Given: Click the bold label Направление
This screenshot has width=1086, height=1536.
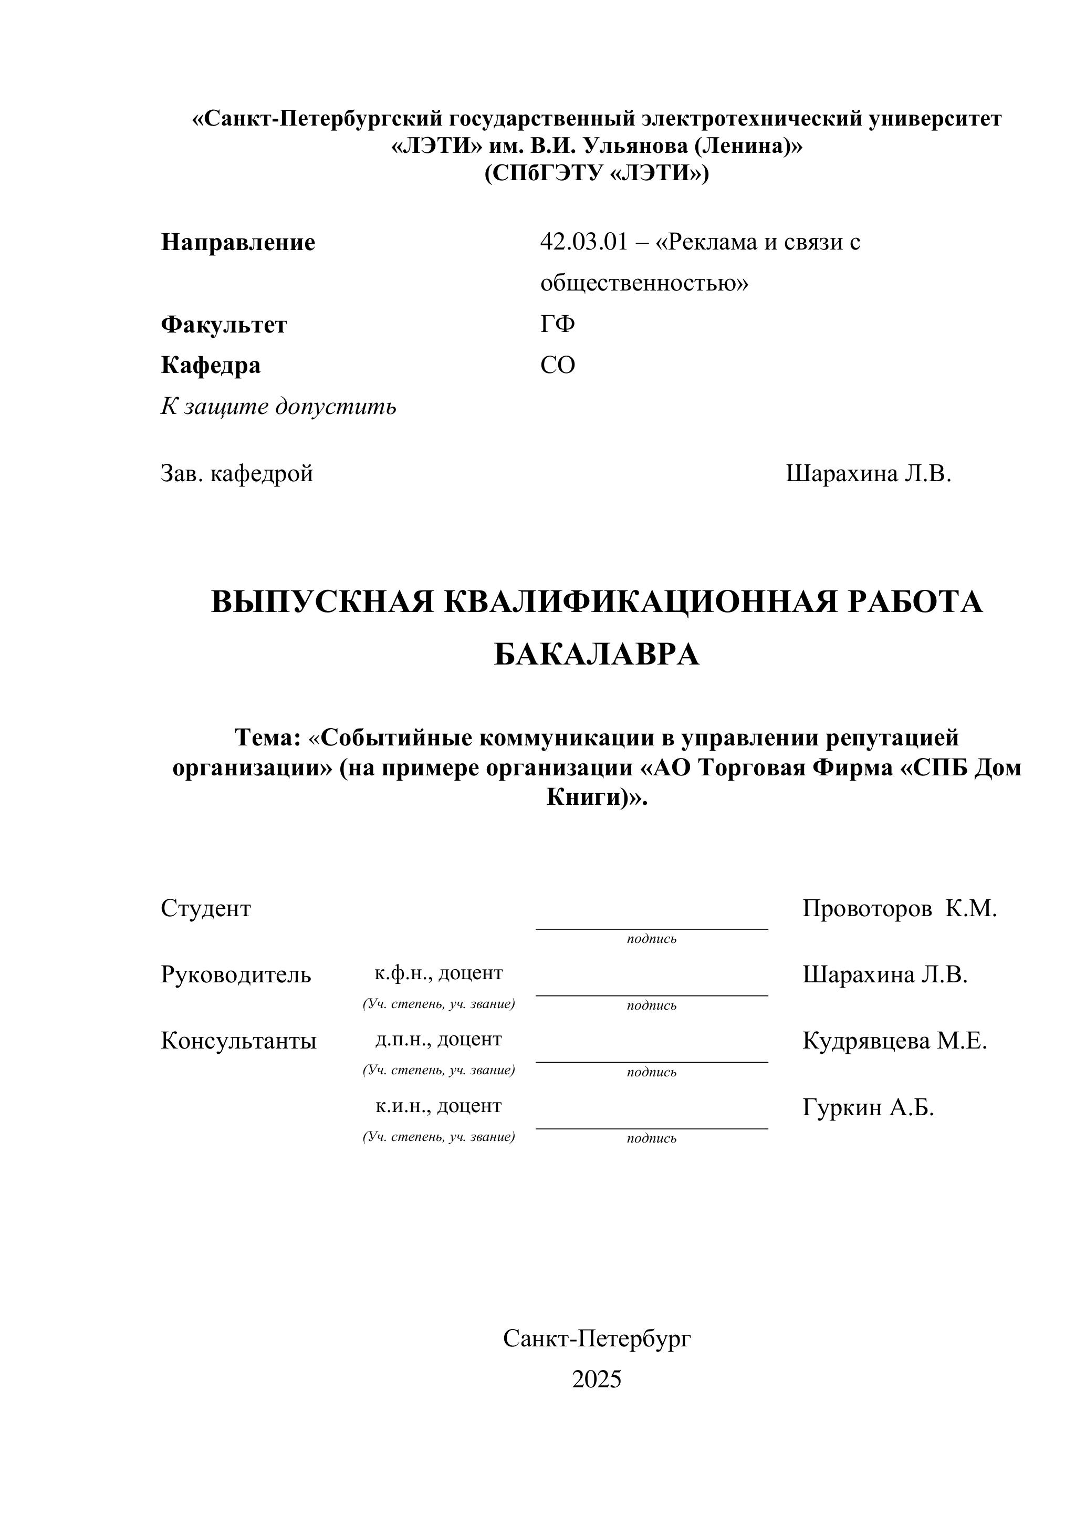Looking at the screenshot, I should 237,242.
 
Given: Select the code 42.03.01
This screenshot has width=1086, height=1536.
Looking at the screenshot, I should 584,242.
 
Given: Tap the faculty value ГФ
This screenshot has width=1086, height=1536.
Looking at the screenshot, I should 557,325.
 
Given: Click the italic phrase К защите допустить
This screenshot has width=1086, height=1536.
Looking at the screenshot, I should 278,406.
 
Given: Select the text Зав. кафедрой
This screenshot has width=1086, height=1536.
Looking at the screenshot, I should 237,474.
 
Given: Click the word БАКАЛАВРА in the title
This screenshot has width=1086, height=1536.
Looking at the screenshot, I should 597,655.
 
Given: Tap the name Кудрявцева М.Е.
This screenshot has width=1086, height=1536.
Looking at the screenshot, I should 894,1041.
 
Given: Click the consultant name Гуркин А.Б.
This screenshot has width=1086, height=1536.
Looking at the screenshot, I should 868,1108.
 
